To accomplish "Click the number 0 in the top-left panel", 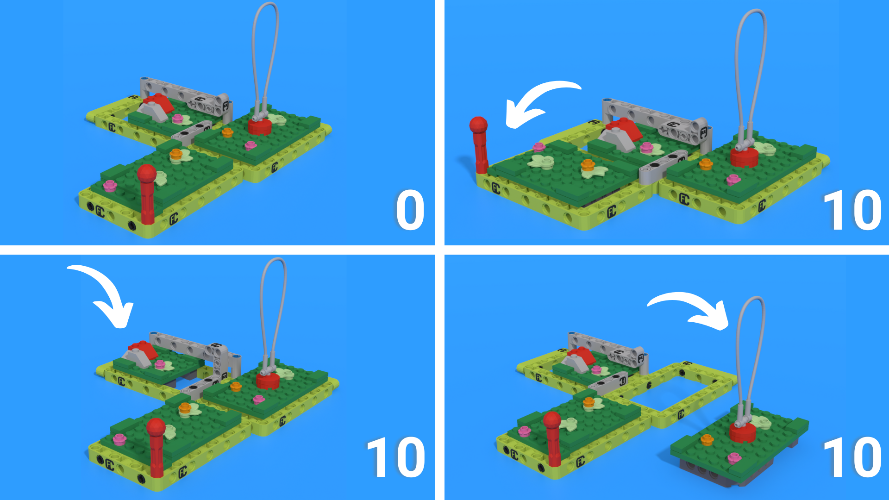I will [410, 211].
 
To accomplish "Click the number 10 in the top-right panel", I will [852, 211].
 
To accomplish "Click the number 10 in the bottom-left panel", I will [396, 457].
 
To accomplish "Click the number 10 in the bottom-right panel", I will [852, 457].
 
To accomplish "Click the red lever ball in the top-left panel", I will [147, 174].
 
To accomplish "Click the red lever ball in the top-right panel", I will [478, 125].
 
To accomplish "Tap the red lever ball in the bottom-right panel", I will [552, 420].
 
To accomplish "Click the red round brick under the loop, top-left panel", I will [259, 126].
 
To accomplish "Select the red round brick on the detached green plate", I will [743, 431].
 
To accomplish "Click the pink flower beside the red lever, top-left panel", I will [110, 186].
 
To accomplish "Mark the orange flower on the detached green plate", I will [707, 440].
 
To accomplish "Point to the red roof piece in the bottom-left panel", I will [144, 350].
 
